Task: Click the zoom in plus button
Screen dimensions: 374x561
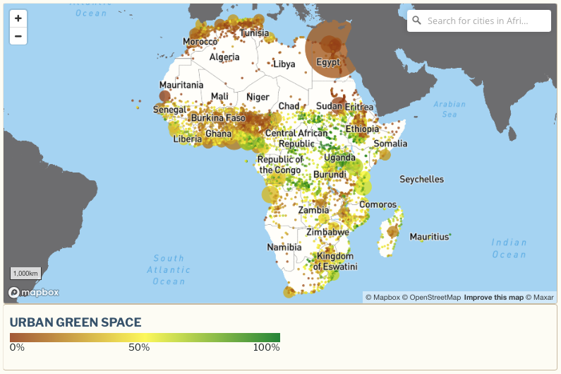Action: pos(18,18)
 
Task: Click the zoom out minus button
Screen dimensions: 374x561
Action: pos(18,36)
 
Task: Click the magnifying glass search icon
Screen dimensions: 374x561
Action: pos(417,21)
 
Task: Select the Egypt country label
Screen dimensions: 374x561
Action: pos(328,62)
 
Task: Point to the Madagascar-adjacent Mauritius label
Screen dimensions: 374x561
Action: pos(429,236)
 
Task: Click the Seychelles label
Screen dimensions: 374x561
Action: pos(421,179)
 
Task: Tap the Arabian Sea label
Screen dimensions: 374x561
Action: pos(450,109)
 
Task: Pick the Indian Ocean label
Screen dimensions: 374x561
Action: pos(509,248)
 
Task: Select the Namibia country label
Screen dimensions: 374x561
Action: pos(284,247)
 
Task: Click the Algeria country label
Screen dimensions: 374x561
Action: pos(224,57)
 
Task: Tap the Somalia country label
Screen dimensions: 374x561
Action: pos(390,144)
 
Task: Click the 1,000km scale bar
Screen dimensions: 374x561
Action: pos(25,274)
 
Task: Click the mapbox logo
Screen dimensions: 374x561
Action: pos(33,292)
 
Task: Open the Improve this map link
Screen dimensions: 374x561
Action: pos(493,298)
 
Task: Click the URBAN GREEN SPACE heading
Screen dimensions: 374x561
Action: pos(76,322)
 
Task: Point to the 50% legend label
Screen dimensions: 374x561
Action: pos(138,347)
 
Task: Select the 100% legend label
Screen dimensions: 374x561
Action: pos(267,347)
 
